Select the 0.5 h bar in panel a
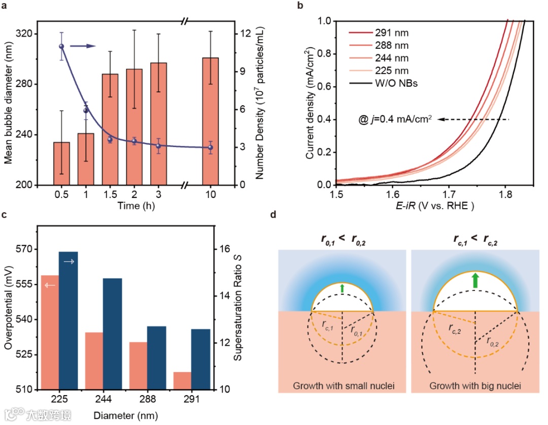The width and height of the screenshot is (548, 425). coord(61,164)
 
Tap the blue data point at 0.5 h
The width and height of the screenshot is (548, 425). coord(61,46)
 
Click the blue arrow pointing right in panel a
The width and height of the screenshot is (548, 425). coord(83,46)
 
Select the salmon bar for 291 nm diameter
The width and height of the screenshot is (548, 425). coord(179,381)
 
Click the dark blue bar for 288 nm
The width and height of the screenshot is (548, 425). coord(156,357)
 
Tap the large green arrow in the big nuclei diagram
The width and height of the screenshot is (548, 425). coord(475,280)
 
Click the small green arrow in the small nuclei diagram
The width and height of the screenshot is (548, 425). coord(342,289)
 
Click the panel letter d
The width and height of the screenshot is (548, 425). coord(273,215)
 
